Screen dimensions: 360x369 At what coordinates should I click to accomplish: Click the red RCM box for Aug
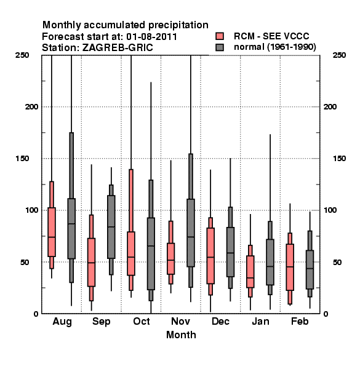[52, 232]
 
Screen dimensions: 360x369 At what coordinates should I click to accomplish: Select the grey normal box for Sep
[111, 227]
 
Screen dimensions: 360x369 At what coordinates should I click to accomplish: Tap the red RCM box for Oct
[131, 253]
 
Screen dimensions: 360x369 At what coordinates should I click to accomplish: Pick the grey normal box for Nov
[191, 232]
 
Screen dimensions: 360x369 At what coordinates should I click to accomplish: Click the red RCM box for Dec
[210, 256]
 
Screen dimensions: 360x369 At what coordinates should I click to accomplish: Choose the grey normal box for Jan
[270, 262]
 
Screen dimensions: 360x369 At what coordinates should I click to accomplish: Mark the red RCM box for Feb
[290, 267]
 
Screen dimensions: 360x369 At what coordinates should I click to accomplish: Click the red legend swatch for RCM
[220, 36]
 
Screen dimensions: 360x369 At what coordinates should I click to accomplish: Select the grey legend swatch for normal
[220, 47]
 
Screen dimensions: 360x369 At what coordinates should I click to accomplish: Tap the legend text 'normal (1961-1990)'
[274, 47]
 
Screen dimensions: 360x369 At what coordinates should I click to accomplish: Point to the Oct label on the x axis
[142, 321]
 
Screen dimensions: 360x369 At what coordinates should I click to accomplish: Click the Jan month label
[260, 321]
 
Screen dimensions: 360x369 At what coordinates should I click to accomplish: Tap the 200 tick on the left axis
[31, 107]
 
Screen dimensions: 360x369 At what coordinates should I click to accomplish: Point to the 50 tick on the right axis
[337, 262]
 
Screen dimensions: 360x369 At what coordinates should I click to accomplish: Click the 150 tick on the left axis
[22, 159]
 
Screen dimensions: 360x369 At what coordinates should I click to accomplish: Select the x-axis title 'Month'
[181, 335]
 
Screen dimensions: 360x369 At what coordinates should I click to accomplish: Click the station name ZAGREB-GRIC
[118, 48]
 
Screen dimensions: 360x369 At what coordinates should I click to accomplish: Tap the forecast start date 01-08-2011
[151, 37]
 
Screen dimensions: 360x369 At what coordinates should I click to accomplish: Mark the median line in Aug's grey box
[71, 224]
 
